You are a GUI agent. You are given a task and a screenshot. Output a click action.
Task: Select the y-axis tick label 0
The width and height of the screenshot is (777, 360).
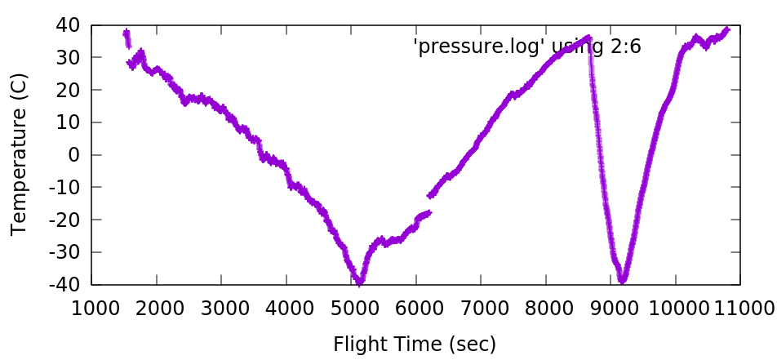(x=74, y=155)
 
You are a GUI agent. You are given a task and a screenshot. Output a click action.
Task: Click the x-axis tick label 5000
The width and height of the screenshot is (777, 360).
(x=351, y=308)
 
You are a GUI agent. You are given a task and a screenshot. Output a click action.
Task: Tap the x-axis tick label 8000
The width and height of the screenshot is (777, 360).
(x=546, y=308)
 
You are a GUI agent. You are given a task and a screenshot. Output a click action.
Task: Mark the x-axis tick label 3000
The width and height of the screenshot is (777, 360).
(x=221, y=308)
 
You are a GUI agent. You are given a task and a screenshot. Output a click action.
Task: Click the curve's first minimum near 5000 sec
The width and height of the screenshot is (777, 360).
(x=358, y=282)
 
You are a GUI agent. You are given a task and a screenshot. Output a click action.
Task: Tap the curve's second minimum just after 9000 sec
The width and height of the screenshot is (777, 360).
(x=623, y=280)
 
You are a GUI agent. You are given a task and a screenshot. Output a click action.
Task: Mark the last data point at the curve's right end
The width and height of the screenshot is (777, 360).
(x=726, y=29)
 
